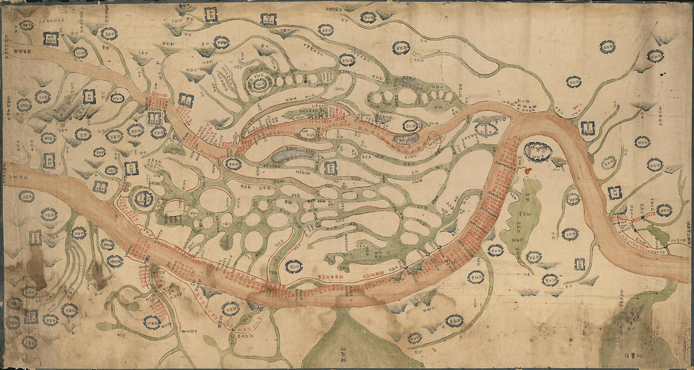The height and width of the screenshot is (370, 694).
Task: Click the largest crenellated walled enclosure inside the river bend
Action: click(x=538, y=152)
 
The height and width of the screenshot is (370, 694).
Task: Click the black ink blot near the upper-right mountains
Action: click(x=662, y=74)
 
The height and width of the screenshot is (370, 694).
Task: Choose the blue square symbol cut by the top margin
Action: click(x=211, y=13)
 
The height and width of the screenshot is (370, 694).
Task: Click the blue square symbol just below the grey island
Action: click(x=330, y=168)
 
